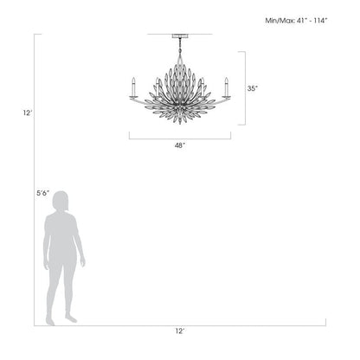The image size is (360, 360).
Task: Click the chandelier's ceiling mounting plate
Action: point(179,36)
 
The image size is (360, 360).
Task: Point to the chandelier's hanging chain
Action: point(179,47)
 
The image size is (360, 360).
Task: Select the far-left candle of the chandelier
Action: point(133,87)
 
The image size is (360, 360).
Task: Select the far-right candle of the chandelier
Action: point(226,87)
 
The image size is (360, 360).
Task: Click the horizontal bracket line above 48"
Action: point(179,136)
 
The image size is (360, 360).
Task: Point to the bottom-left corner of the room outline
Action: point(35,325)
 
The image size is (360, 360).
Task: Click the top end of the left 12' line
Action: point(35,35)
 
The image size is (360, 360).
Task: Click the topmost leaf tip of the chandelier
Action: point(179,57)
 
